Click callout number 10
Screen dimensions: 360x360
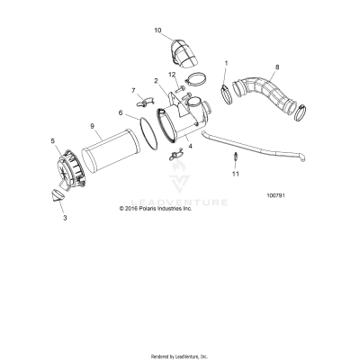158,31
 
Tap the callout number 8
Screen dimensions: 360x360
277,67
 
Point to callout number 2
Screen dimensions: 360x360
156,81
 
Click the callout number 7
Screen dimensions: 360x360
134,90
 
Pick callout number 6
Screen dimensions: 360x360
121,112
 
